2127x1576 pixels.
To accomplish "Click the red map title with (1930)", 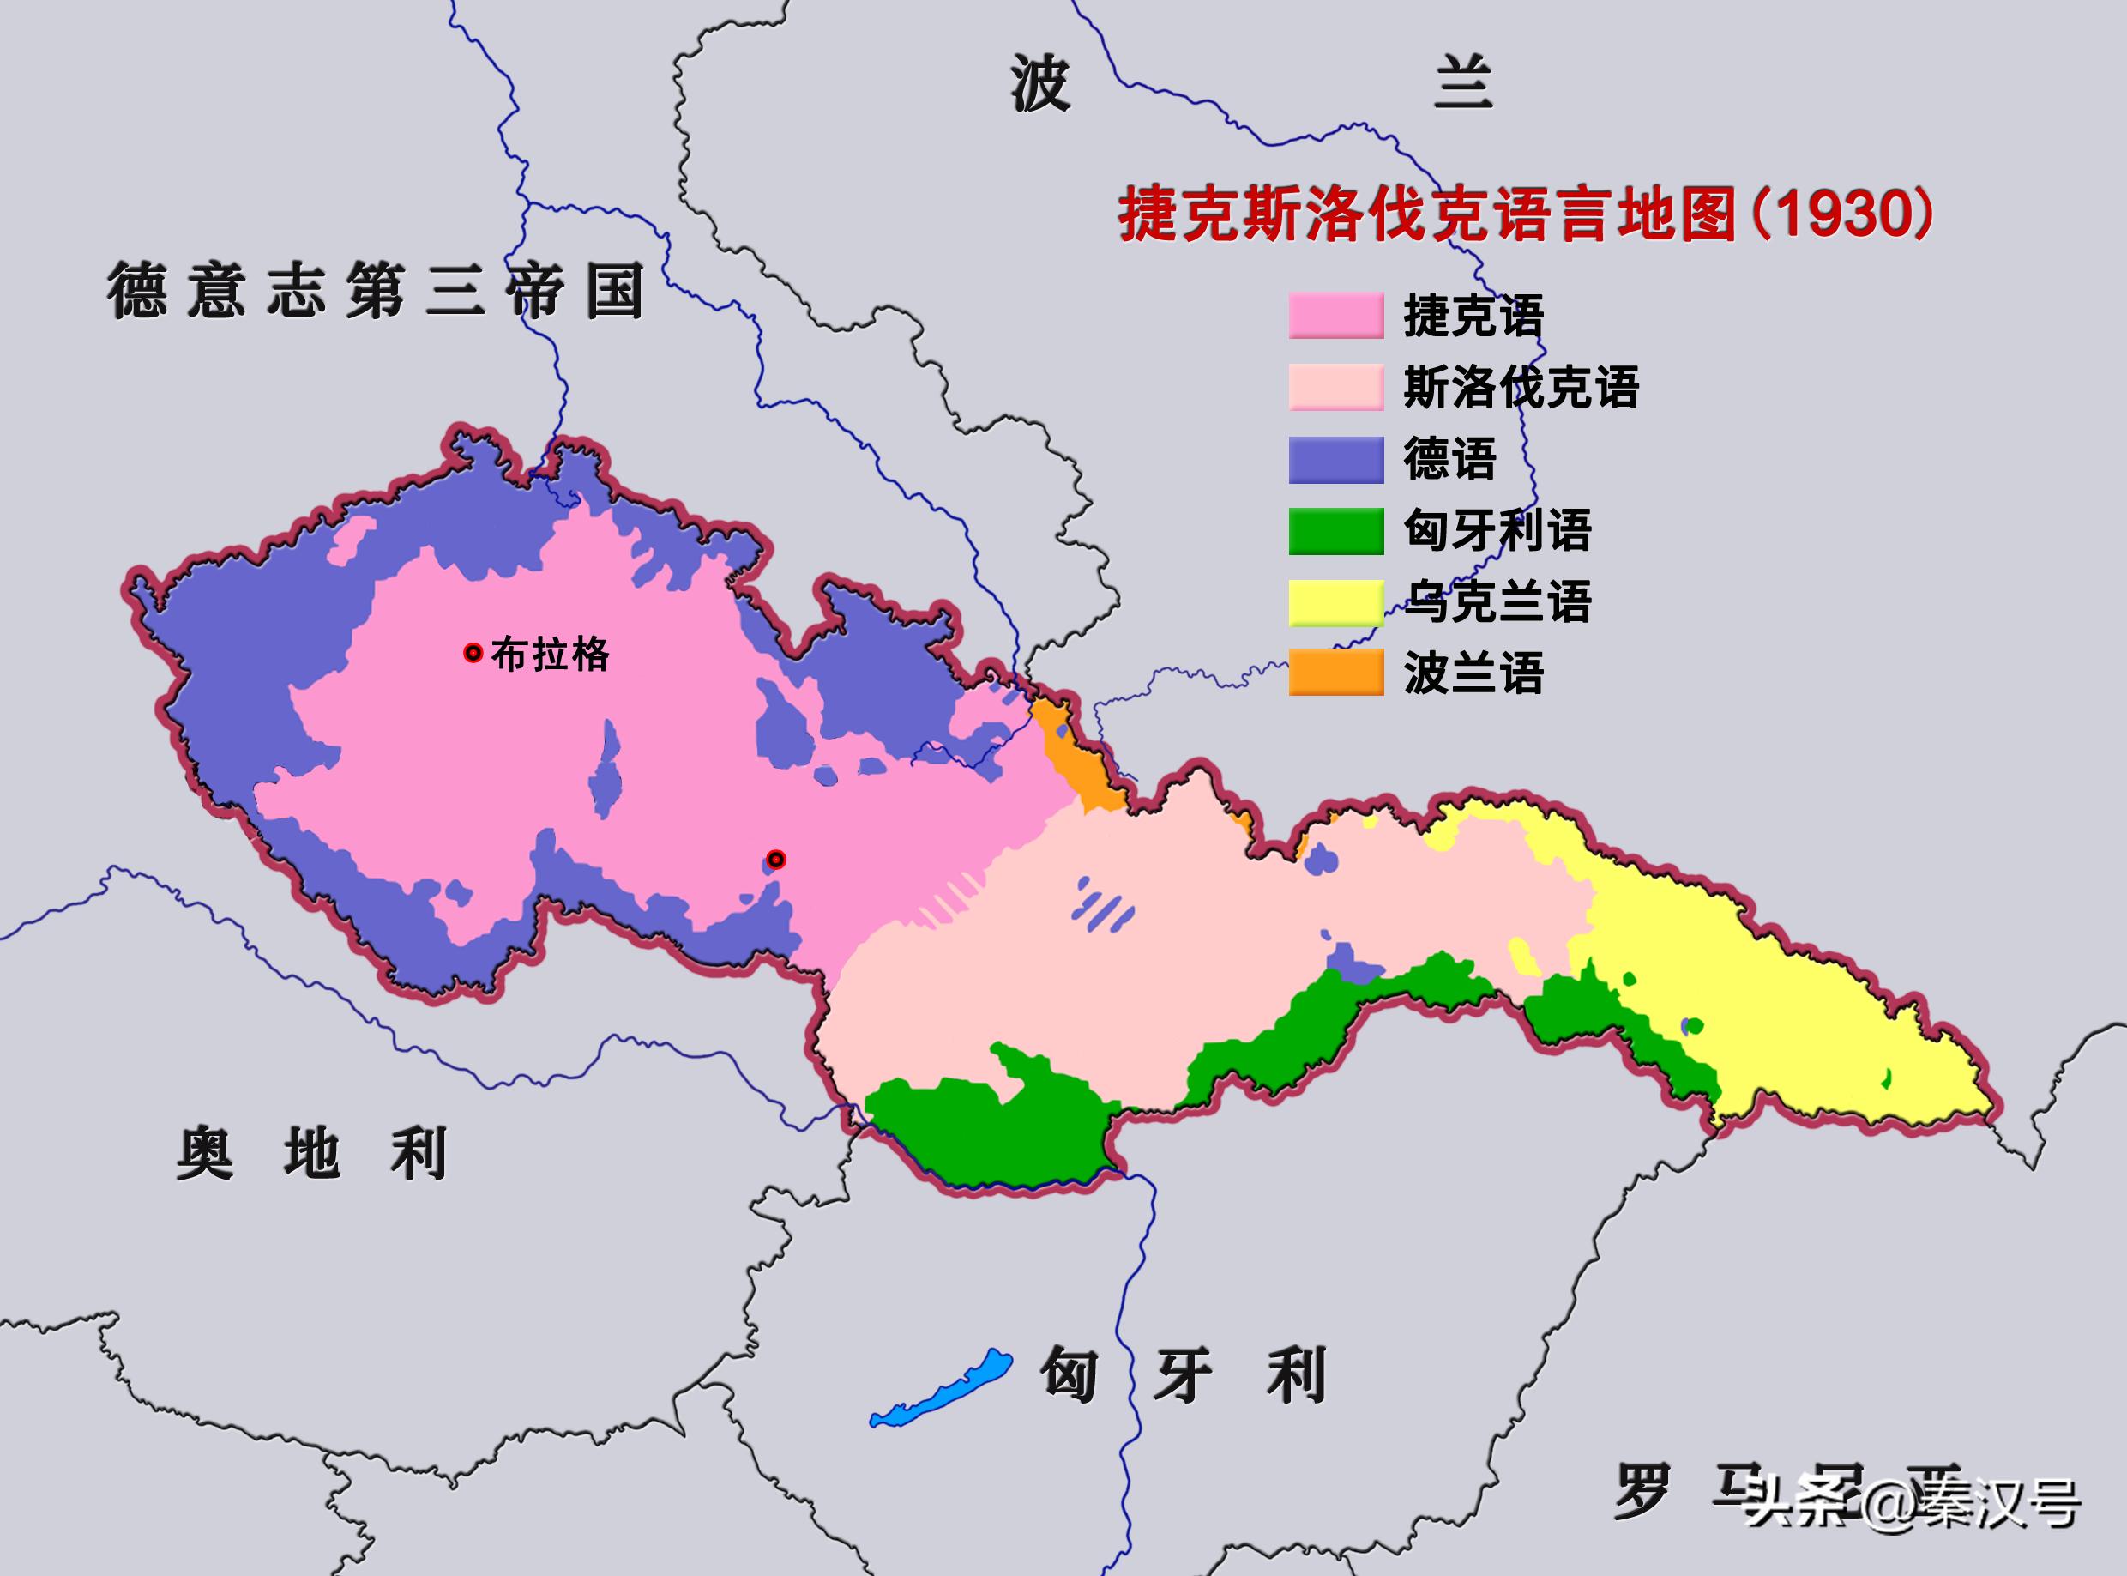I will click(1526, 214).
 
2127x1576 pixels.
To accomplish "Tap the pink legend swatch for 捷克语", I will click(1335, 316).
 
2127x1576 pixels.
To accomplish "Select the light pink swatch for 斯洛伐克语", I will click(1335, 387).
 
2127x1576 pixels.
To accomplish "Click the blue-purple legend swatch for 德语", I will click(1335, 459).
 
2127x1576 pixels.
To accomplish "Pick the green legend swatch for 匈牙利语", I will click(1335, 530).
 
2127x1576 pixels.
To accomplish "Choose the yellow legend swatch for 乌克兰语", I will click(1335, 602).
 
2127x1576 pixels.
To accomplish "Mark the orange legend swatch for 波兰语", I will click(1335, 673).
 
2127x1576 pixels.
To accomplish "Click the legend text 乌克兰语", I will click(1497, 602).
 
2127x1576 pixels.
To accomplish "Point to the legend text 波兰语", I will click(1473, 673).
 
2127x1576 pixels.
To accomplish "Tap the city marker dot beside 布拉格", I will click(472, 654).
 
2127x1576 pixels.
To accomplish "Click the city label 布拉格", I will click(551, 655).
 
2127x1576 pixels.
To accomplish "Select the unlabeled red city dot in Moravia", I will click(776, 860).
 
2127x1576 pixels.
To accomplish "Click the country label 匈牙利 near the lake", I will click(1183, 1374).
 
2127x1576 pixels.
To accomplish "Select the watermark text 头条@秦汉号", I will click(1913, 1506).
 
